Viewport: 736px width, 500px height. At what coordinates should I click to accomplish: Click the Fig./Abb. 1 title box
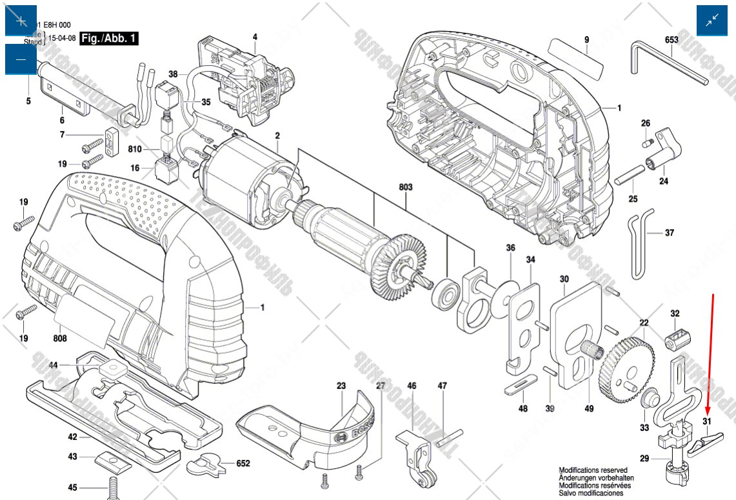coord(108,39)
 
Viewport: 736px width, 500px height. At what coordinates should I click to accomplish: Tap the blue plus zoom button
coord(21,21)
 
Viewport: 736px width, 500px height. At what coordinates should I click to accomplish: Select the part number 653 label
coord(671,40)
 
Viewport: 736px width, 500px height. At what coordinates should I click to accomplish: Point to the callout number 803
coord(406,187)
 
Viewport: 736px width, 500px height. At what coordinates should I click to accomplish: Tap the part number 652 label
coord(243,463)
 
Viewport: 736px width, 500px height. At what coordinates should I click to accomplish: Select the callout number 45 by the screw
coord(72,487)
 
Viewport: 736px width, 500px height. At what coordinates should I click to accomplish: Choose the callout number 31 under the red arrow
coord(706,422)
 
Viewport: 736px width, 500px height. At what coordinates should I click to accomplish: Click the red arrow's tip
coord(708,414)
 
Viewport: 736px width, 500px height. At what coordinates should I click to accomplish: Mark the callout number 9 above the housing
coord(587,40)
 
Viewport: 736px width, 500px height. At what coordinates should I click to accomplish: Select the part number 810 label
coord(134,150)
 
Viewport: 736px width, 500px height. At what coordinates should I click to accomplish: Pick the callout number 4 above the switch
coord(255,37)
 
